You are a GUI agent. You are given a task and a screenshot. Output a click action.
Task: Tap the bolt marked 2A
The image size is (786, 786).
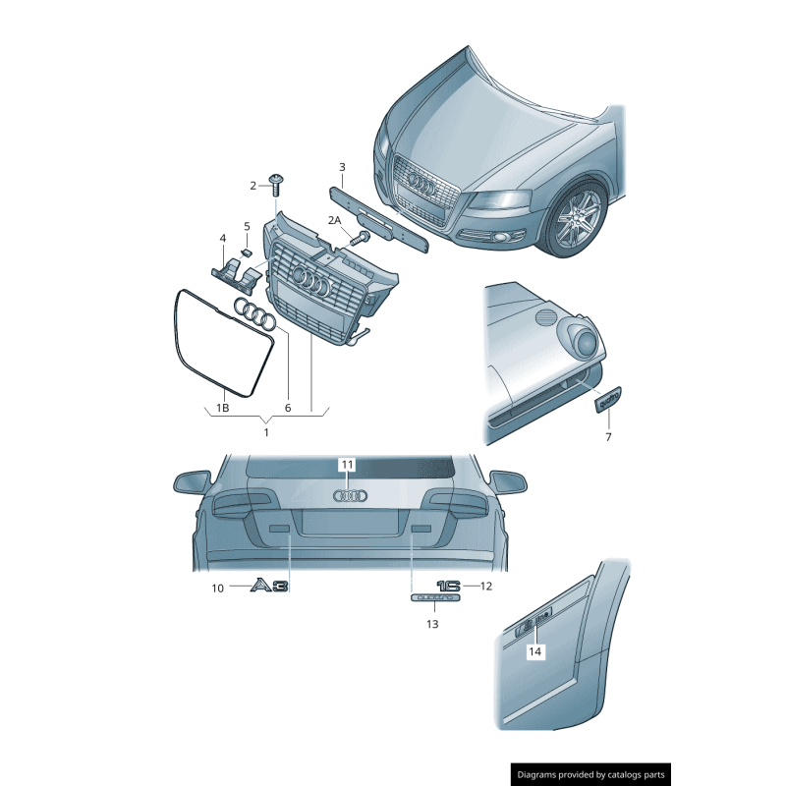click(x=361, y=236)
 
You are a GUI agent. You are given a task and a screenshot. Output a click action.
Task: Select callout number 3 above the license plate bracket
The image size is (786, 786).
click(x=342, y=167)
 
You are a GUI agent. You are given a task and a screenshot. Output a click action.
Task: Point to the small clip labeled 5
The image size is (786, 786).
click(x=247, y=253)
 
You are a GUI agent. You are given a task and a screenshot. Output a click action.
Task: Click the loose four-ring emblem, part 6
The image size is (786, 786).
click(x=257, y=315)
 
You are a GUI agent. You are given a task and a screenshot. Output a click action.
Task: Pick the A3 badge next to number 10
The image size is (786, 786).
click(x=269, y=587)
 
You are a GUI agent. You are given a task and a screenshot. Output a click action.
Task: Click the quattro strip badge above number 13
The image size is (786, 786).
click(x=433, y=596)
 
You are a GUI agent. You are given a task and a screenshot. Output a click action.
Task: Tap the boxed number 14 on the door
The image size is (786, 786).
click(x=534, y=650)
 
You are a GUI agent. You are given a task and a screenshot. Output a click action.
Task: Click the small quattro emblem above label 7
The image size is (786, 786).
click(x=608, y=401)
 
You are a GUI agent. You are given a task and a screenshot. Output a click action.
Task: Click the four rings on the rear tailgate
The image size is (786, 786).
click(x=350, y=497)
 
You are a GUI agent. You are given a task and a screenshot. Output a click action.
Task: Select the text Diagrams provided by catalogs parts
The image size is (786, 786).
click(x=590, y=775)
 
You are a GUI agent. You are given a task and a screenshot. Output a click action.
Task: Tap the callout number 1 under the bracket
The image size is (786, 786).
click(x=265, y=430)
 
